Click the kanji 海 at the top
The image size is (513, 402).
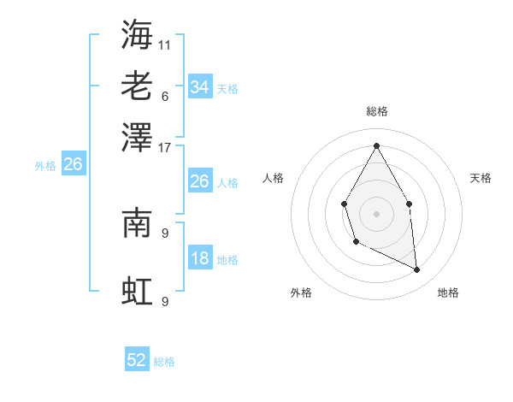point(137,34)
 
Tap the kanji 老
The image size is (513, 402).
point(137,86)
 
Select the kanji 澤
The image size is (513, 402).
point(137,136)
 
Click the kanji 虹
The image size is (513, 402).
point(137,291)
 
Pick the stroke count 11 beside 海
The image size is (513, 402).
point(165,44)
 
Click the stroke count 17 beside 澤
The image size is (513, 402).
point(165,146)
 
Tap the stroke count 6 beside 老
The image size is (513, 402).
point(165,95)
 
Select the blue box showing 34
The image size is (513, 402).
point(199,86)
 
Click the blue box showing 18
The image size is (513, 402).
point(199,259)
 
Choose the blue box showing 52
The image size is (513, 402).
point(137,361)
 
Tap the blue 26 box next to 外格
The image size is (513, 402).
point(73,164)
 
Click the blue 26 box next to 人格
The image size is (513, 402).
point(199,181)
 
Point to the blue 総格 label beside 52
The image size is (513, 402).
point(164,362)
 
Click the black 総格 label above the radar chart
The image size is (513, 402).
point(377,111)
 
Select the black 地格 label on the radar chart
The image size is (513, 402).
point(448,293)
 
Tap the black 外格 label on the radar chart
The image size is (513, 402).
point(301,293)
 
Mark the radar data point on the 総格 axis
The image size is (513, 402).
point(376,145)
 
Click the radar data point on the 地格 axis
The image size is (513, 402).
point(417,270)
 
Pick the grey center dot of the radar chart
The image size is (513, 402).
point(376,213)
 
